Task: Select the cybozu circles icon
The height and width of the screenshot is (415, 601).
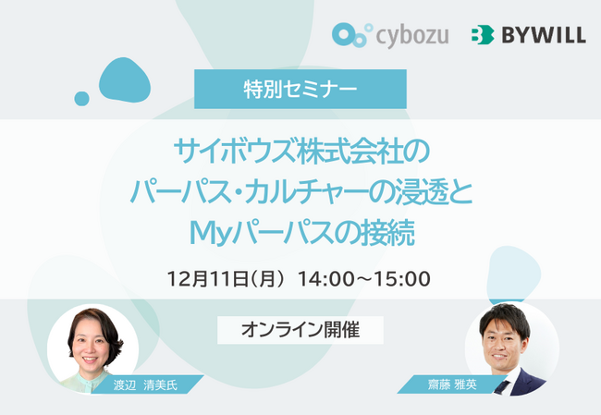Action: click(x=350, y=35)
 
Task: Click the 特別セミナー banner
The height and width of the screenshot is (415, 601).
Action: click(x=300, y=90)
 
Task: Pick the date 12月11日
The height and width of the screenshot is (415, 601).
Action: click(x=209, y=277)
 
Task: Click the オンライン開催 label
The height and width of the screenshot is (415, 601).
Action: click(x=300, y=328)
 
